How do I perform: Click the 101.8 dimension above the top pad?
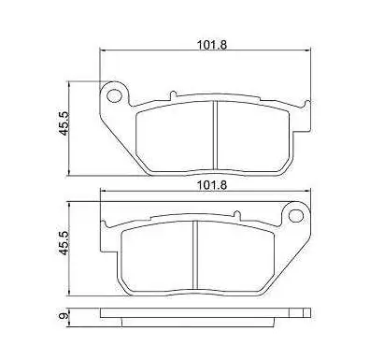(212, 45)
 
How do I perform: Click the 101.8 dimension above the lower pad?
(212, 185)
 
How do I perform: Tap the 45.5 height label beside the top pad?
(64, 123)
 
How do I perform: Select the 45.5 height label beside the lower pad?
(64, 243)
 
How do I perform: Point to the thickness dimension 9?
(64, 316)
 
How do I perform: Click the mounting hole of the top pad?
(114, 95)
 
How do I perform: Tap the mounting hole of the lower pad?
(296, 216)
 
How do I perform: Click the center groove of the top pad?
(215, 136)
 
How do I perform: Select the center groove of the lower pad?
(195, 255)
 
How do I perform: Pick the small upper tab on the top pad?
(173, 95)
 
